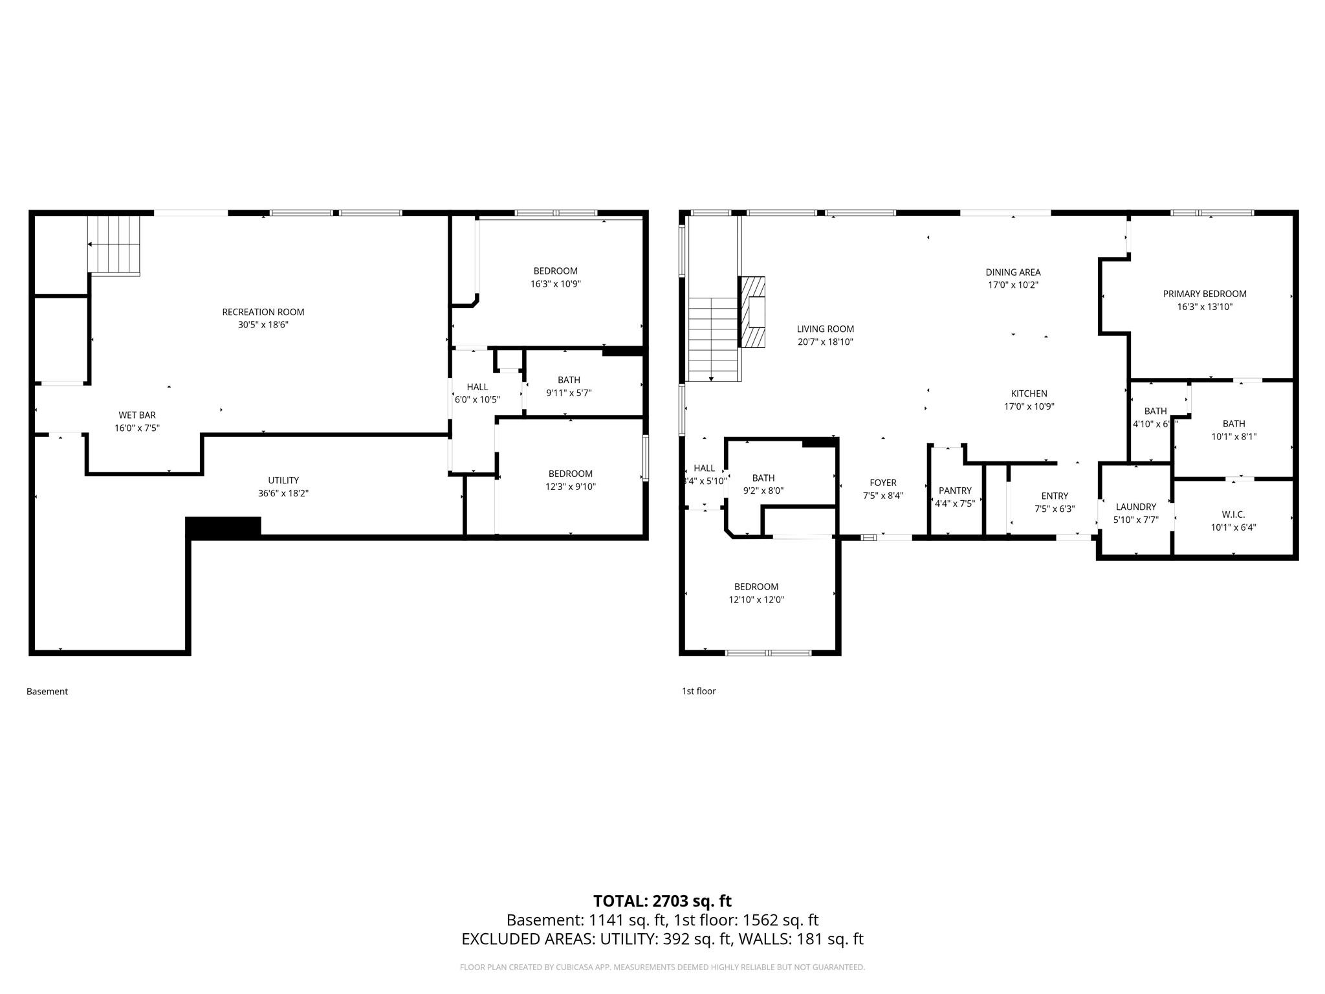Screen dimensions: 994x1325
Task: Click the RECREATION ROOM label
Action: [263, 312]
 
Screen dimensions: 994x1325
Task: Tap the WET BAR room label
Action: [137, 415]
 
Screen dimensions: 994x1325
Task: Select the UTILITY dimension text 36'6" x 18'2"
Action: [283, 493]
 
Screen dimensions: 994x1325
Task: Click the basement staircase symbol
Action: [115, 245]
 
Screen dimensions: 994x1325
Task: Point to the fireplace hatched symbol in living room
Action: [754, 313]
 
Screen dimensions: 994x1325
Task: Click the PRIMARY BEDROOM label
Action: [1204, 294]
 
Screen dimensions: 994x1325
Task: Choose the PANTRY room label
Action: [954, 491]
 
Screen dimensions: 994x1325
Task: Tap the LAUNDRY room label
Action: [1135, 507]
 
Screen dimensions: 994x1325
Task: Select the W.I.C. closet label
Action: [1232, 514]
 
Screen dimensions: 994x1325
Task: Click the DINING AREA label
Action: [1013, 272]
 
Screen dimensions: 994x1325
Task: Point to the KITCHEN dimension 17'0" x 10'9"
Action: [1029, 406]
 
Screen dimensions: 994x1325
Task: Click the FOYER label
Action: [882, 483]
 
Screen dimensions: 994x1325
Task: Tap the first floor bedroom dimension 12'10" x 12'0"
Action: [756, 600]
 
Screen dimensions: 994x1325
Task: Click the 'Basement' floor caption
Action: [47, 691]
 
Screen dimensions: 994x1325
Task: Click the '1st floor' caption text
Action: [698, 691]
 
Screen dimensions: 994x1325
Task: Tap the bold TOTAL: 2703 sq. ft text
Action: [662, 901]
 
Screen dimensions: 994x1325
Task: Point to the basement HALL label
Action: [477, 387]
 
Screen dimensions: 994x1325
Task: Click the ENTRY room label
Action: [1055, 496]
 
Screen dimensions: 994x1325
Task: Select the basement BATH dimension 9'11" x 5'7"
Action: [569, 393]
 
